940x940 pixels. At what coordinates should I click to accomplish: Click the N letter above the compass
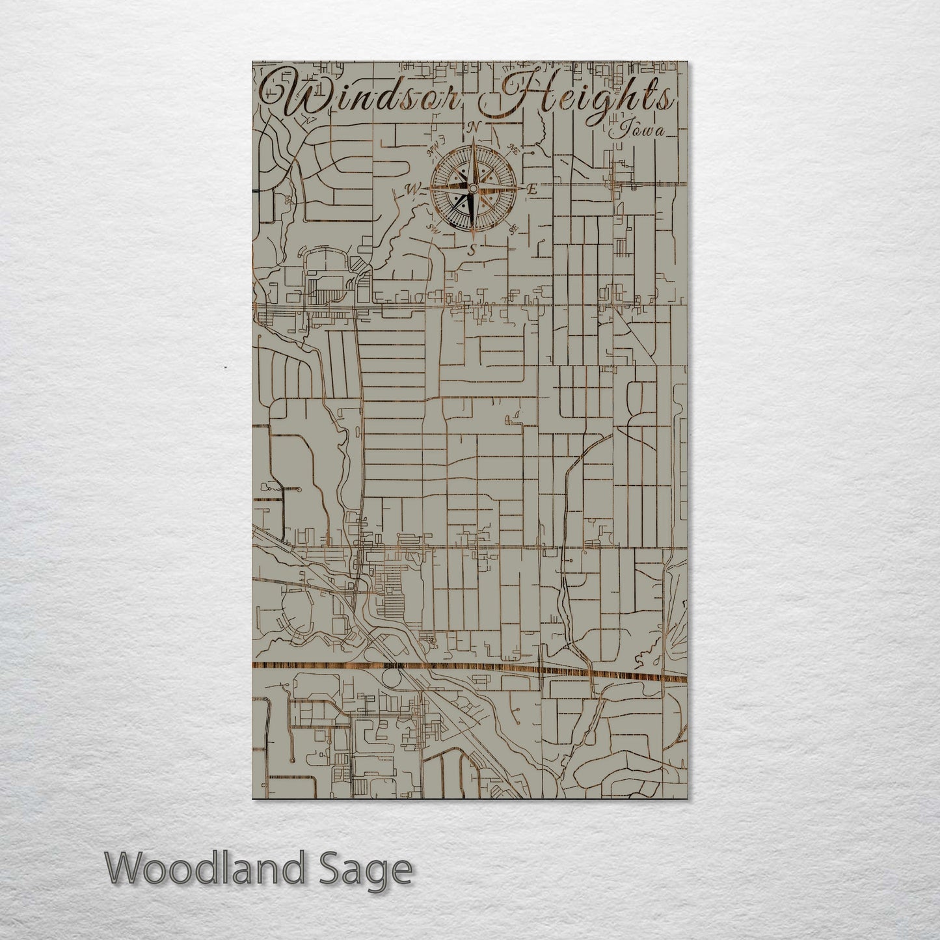coord(475,126)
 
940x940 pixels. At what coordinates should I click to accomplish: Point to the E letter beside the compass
coord(531,190)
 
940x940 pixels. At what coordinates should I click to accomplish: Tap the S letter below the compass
coord(474,248)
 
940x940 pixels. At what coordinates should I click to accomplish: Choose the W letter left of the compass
coord(411,189)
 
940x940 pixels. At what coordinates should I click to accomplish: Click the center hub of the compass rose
coord(474,189)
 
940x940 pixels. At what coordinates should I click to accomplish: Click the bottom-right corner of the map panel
coord(686,799)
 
